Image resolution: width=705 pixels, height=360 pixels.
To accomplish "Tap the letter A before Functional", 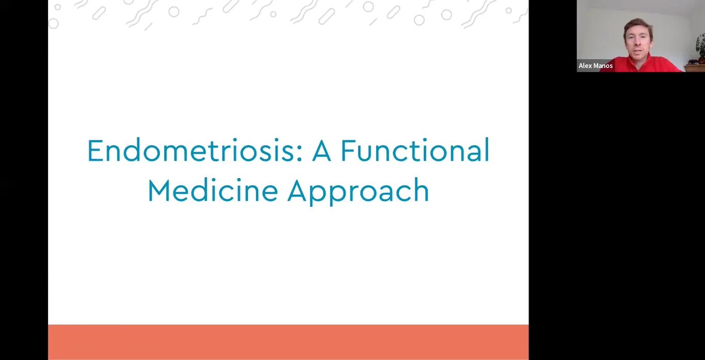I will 321,151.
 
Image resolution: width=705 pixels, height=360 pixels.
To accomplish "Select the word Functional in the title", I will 415,151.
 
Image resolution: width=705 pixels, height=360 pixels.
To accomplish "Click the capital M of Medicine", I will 158,191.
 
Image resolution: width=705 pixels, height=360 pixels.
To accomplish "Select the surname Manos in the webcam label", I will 603,66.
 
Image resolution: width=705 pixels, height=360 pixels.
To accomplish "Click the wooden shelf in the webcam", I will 695,68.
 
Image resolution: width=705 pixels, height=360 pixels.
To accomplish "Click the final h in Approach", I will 422,191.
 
